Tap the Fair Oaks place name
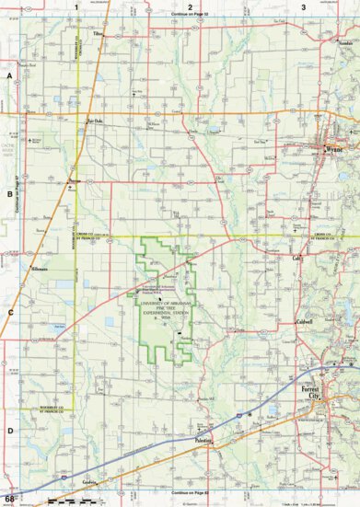click(91, 120)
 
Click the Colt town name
click(297, 259)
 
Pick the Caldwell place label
click(306, 322)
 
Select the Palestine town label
click(204, 441)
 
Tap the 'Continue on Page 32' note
click(190, 16)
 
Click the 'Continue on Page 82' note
click(190, 498)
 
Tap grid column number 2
click(190, 6)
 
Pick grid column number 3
click(304, 6)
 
